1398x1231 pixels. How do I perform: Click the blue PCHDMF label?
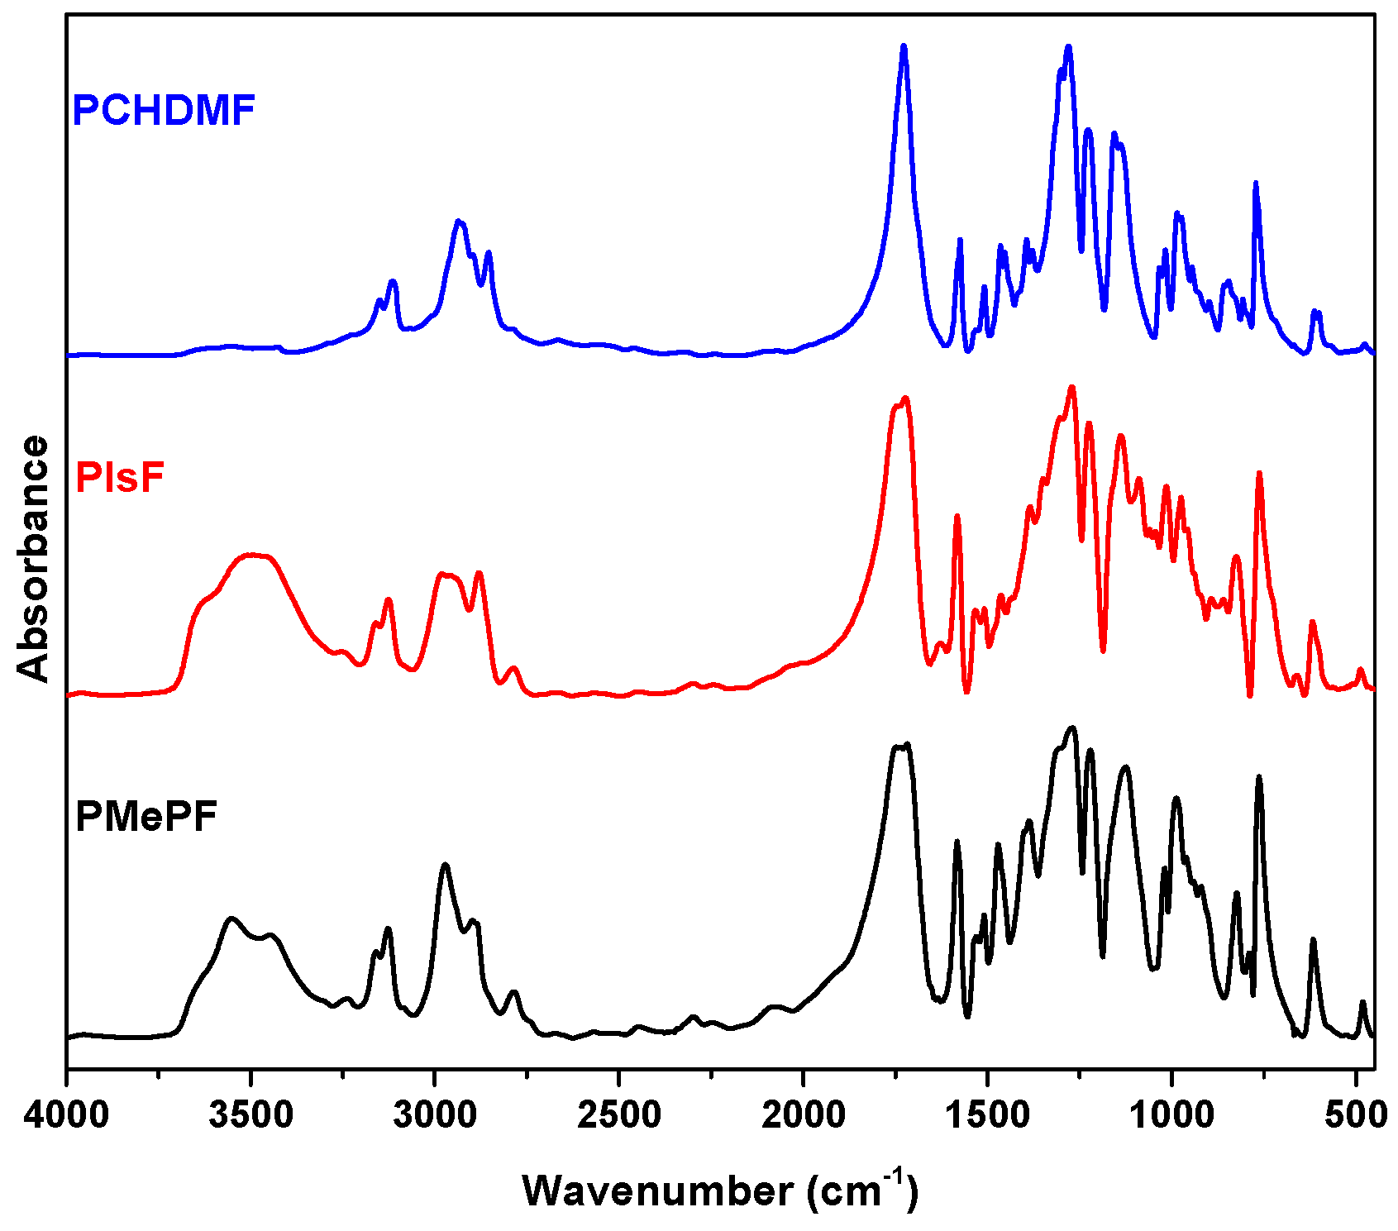coord(164,110)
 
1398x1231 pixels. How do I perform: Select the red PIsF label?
coord(120,477)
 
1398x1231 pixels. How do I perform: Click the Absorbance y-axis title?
coord(34,559)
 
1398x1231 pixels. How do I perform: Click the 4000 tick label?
coord(66,1114)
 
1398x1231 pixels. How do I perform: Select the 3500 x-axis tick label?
coord(250,1114)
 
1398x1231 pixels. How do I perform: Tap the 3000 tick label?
coord(435,1114)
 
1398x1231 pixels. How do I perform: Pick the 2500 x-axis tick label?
coord(619,1114)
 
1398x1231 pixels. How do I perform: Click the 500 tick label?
coord(1356,1114)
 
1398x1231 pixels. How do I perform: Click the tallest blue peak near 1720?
coord(904,47)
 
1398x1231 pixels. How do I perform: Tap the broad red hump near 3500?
coord(253,556)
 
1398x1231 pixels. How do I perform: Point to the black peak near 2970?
coord(446,865)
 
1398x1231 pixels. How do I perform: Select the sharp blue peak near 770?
coord(1256,184)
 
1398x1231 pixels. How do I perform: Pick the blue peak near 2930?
coord(459,222)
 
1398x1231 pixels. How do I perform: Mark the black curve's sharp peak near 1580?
coord(957,842)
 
